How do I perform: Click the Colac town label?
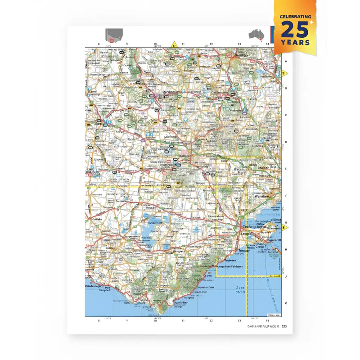point(170,253)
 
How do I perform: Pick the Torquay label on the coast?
point(245,250)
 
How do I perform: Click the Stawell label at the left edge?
point(92,91)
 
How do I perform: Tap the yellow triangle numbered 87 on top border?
point(174,45)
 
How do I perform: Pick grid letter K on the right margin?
point(285,304)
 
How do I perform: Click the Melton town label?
point(264,167)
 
